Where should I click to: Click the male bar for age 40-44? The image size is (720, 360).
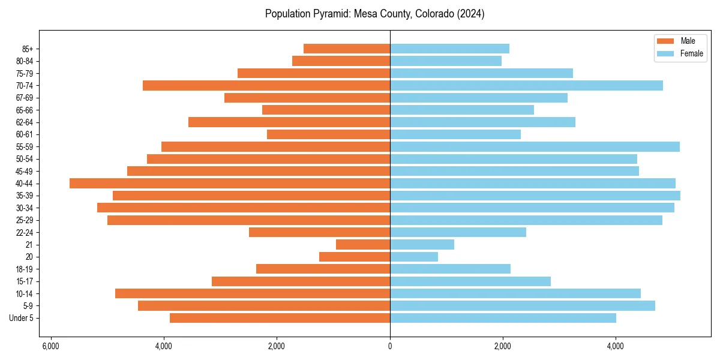[x=230, y=183]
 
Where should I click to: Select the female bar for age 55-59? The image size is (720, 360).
[x=535, y=146]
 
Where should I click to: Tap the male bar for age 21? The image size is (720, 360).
[x=363, y=244]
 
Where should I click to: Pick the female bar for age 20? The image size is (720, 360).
[x=414, y=257]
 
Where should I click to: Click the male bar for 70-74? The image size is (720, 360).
[x=266, y=85]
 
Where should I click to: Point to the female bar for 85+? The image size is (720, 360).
[x=449, y=49]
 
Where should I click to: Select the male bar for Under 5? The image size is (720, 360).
[x=280, y=318]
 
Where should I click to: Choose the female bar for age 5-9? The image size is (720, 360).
[x=522, y=305]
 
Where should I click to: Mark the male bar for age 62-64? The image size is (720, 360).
[x=289, y=122]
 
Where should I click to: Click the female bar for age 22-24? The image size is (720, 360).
[x=458, y=232]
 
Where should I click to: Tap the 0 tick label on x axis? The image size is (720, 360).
[x=390, y=346]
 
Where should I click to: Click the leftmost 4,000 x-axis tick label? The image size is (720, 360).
[x=163, y=346]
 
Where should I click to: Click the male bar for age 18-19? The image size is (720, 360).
[x=323, y=269]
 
